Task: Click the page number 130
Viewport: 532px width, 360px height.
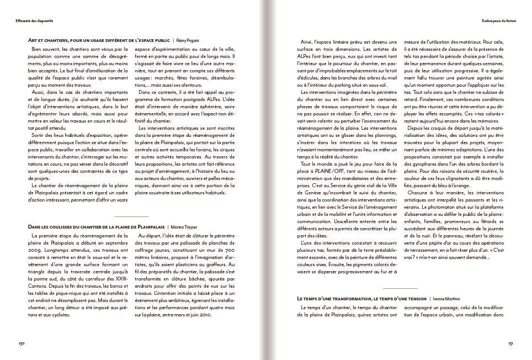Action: pos(22,343)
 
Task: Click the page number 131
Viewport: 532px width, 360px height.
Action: pos(511,343)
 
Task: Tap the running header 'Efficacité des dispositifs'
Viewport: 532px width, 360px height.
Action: pos(38,21)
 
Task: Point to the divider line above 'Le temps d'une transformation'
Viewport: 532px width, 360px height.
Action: pos(400,288)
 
